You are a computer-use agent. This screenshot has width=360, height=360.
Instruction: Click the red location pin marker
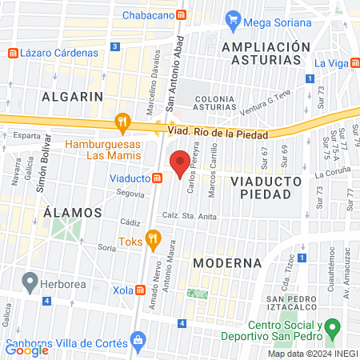[180, 164]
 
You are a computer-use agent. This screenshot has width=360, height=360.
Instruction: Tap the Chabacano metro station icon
[182, 15]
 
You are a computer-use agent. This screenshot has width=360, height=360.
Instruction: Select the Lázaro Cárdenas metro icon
[13, 53]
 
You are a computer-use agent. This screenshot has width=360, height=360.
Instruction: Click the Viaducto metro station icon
[158, 179]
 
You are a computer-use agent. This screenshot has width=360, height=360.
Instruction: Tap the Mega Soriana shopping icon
[234, 18]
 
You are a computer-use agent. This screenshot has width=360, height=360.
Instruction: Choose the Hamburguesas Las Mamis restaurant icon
[122, 122]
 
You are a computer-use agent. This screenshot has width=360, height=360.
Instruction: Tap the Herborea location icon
[30, 281]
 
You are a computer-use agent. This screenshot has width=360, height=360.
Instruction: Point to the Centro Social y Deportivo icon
[334, 327]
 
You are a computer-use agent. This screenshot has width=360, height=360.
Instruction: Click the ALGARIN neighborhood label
[74, 96]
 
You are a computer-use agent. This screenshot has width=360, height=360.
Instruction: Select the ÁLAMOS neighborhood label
[73, 213]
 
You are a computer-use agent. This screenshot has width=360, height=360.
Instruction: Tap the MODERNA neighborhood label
[227, 262]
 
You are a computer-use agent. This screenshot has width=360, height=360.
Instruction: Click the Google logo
[27, 350]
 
